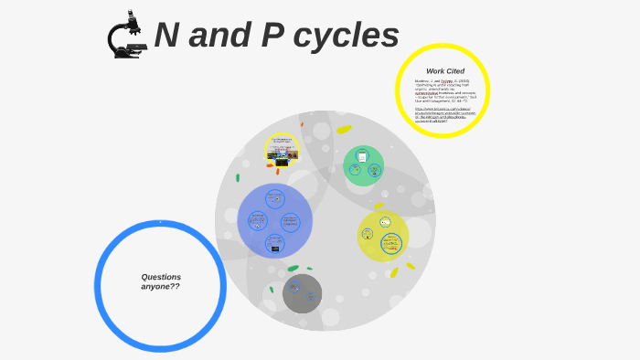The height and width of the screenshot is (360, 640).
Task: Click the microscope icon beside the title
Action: pos(126,36)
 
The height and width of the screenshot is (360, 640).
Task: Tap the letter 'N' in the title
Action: pos(166,36)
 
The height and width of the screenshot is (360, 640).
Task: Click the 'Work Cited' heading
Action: pos(444,71)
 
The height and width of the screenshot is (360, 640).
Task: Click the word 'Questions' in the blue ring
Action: pos(161,277)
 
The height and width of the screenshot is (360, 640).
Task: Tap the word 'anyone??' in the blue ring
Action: pos(160,287)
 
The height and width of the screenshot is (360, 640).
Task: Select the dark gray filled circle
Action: pos(302,293)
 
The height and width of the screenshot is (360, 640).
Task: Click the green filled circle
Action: pos(363,165)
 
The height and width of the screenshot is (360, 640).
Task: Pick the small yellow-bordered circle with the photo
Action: pos(282,150)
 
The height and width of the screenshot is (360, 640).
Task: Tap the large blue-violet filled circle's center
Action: pos(274,221)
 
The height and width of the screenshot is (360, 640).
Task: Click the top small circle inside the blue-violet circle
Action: pos(274,198)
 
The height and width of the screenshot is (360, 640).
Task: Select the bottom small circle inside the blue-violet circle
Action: pos(274,244)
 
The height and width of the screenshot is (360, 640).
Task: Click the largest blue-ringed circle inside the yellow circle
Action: pos(391,243)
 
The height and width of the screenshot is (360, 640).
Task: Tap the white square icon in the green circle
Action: pos(362,156)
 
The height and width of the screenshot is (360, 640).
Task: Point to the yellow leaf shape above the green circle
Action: pos(344,130)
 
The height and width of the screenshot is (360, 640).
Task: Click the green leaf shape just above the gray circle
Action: pos(293,269)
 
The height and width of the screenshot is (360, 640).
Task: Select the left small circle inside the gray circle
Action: pos(294,288)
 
